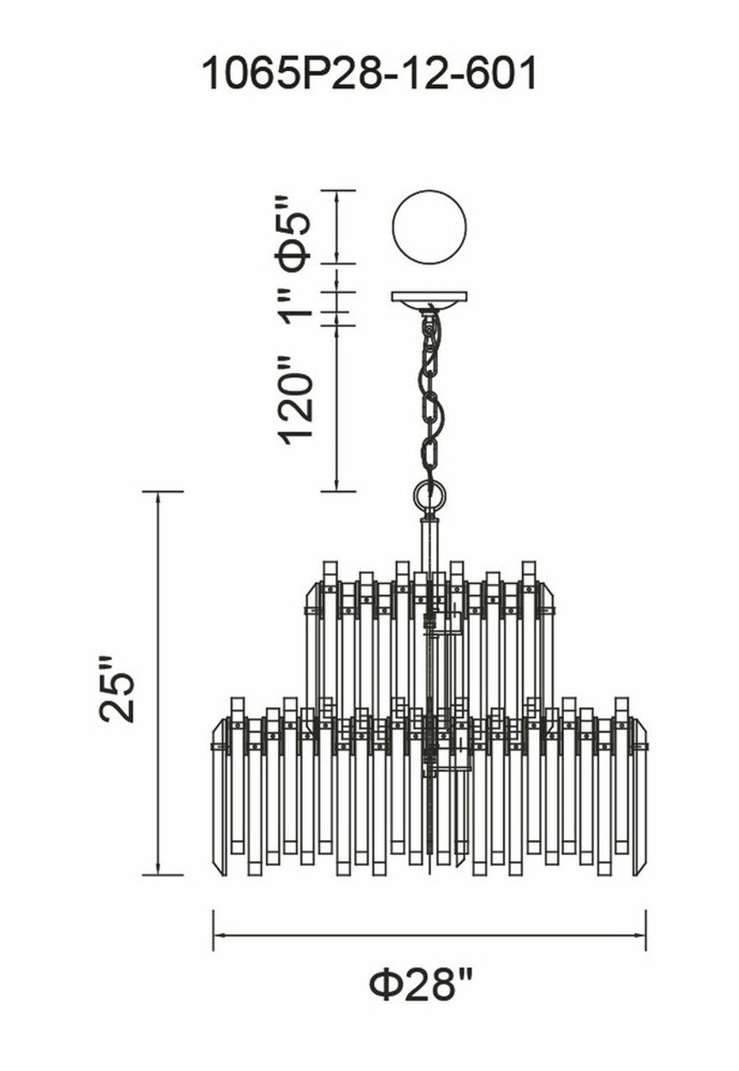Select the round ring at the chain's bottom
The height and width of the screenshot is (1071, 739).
429,496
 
